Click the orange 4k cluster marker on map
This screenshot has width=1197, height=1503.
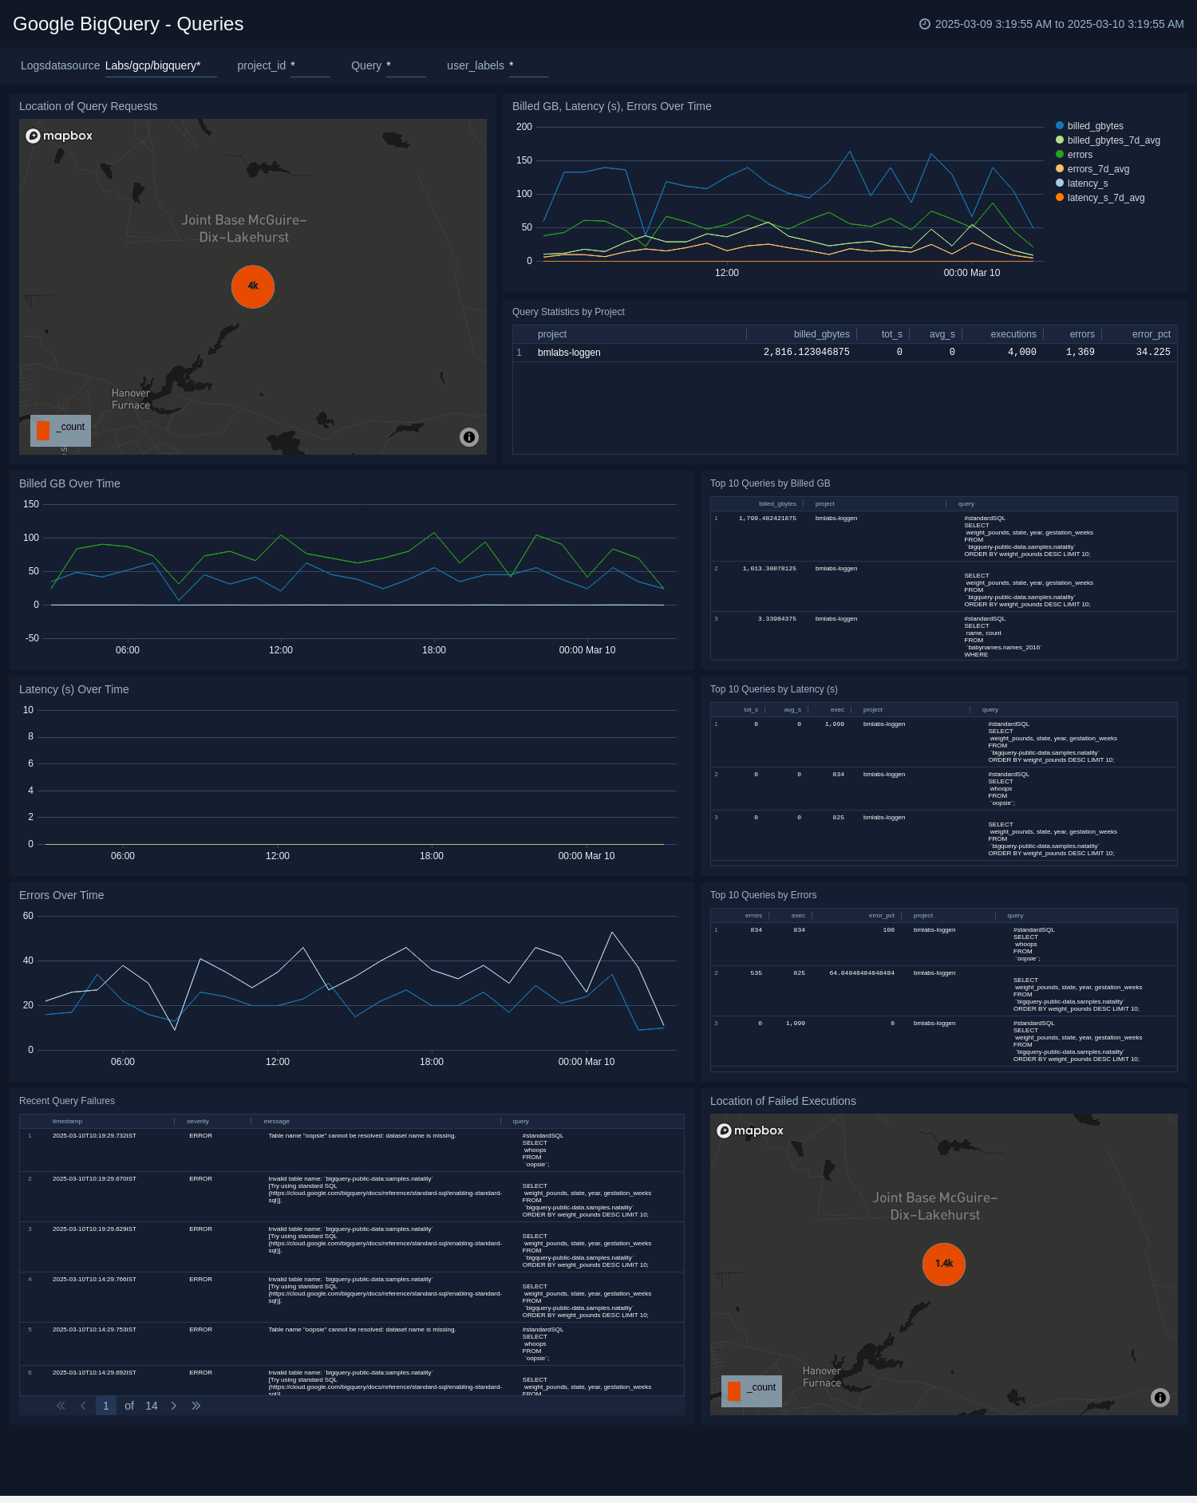click(253, 286)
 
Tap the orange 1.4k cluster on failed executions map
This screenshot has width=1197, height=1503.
click(944, 1264)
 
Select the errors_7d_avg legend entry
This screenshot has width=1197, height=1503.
click(1097, 169)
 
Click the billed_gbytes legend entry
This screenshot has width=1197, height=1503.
click(1094, 126)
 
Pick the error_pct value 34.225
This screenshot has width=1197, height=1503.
click(1152, 352)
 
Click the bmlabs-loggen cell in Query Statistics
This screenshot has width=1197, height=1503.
click(569, 353)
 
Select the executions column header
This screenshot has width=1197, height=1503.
click(1013, 334)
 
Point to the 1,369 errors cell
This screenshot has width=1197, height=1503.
click(1080, 352)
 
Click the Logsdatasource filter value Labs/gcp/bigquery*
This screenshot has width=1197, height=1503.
click(153, 65)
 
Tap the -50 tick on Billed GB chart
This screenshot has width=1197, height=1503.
click(32, 638)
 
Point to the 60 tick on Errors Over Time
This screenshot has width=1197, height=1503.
click(28, 916)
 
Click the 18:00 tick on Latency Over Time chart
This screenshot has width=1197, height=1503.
click(432, 856)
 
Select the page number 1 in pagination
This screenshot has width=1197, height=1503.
click(106, 1406)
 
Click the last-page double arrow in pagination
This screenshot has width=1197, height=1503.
click(196, 1406)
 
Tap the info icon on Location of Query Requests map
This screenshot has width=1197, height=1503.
click(469, 436)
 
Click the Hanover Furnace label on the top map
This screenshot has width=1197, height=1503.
click(131, 399)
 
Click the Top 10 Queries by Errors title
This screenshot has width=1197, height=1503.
click(763, 895)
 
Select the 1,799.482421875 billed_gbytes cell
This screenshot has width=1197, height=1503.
click(767, 519)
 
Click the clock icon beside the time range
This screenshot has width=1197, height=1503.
click(925, 24)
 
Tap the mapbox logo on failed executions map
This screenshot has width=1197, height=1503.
click(750, 1130)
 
